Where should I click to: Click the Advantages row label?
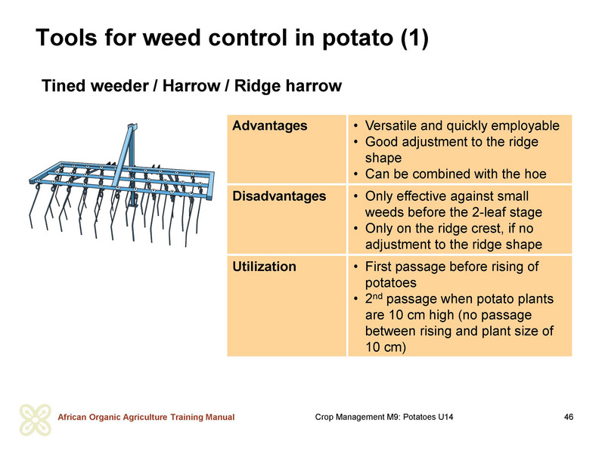coord(270,126)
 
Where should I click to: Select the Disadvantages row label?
coord(279,196)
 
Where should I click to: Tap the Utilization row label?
coord(264,267)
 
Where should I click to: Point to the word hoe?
coord(535,174)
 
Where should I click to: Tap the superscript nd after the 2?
coord(377,296)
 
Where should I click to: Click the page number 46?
coord(569,417)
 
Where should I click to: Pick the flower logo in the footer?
coord(35,420)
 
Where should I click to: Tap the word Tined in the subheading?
coord(64,86)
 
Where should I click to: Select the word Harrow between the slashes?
coord(191,86)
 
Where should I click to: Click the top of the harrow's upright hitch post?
coord(132,126)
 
